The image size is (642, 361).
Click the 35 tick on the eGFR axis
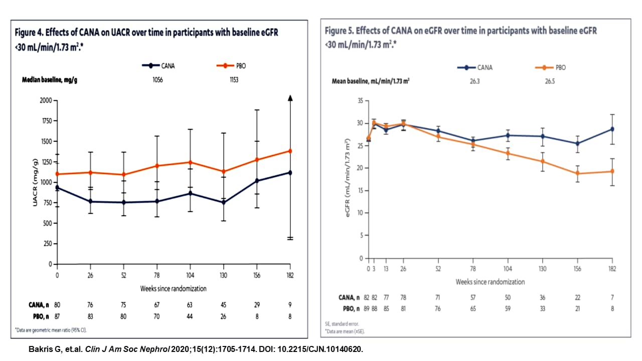tap(359, 101)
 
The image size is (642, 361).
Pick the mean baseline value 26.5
tap(550, 81)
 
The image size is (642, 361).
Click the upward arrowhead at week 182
tap(290, 98)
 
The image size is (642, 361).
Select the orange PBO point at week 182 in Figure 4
tap(290, 151)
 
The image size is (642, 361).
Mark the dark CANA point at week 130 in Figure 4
tap(224, 203)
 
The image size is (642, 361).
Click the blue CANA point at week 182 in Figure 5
tap(612, 129)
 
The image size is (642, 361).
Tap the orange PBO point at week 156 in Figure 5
tap(577, 173)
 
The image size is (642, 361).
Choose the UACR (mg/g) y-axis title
tap(36, 182)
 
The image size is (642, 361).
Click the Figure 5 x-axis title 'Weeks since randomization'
tap(490, 282)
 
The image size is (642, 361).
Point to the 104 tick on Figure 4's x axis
tap(190, 275)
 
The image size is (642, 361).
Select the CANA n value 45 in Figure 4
tap(224, 305)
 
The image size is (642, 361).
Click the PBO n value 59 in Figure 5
tap(507, 308)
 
